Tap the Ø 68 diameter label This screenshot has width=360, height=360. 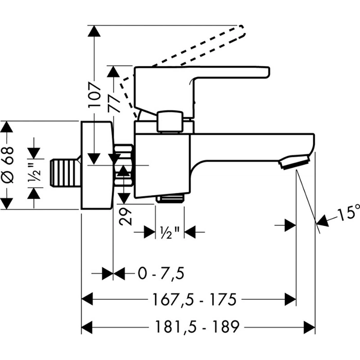(7, 165)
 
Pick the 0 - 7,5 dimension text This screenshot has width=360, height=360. (160, 273)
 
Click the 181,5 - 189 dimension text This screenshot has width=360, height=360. (198, 326)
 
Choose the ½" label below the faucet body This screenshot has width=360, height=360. (170, 232)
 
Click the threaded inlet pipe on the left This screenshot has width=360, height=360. (65, 171)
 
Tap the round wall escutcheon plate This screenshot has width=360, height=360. (97, 166)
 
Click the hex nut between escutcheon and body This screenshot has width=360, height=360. (123, 166)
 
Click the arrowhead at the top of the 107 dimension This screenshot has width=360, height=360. (93, 31)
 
